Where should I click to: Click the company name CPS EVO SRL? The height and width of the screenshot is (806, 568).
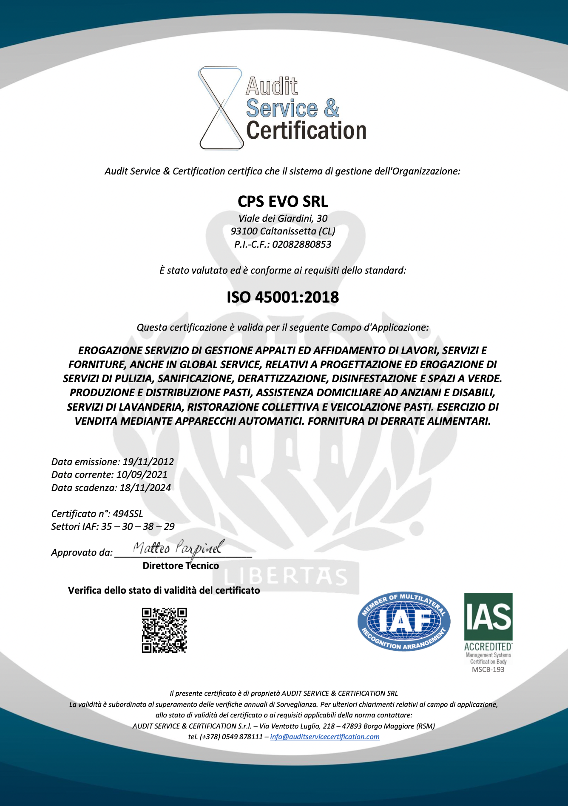(283, 201)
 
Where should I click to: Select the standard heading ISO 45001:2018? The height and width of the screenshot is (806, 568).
(283, 297)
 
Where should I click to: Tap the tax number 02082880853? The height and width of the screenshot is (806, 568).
(302, 244)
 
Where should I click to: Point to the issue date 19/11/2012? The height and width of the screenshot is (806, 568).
(148, 462)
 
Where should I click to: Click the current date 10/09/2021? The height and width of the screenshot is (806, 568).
(142, 474)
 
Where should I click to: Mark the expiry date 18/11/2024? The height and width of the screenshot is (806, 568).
(145, 488)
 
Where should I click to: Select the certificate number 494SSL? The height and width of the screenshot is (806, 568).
(128, 514)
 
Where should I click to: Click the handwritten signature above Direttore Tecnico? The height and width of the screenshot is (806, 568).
(179, 548)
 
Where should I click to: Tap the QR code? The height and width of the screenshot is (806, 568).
(164, 630)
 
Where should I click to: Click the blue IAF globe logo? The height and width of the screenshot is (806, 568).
(404, 622)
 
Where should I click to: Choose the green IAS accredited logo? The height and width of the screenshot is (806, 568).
(488, 622)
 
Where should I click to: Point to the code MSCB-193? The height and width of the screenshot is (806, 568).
(488, 669)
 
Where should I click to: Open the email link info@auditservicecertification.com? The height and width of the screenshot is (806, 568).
(325, 737)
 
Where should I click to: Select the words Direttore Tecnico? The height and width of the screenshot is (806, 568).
(181, 566)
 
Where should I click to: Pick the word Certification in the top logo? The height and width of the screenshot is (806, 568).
(306, 130)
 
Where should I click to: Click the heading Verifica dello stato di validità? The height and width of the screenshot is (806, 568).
(164, 590)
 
